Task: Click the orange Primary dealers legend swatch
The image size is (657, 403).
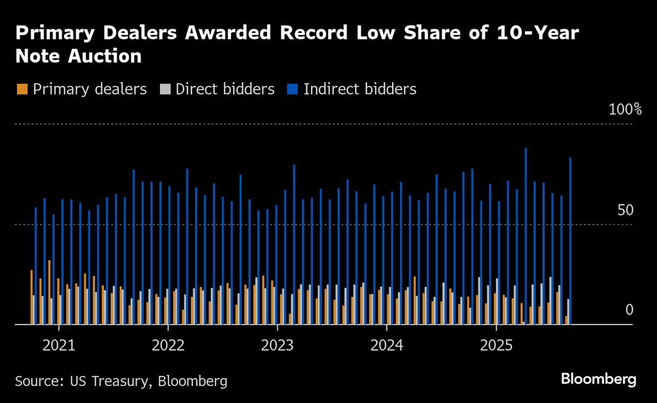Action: point(22,89)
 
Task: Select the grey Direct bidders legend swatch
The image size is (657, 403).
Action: point(165,89)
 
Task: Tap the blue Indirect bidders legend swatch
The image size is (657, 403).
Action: point(292,89)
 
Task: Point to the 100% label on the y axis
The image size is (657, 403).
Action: point(625,110)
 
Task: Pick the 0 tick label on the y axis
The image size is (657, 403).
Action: point(629,310)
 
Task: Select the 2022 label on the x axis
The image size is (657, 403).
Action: point(168,346)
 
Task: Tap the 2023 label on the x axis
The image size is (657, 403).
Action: point(277,346)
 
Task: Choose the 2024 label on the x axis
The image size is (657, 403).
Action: point(387,346)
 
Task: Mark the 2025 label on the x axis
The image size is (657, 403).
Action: point(495,346)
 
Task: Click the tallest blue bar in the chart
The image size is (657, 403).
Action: point(526,236)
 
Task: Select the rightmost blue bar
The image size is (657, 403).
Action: point(571,241)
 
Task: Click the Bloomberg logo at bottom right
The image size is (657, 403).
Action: point(598,379)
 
